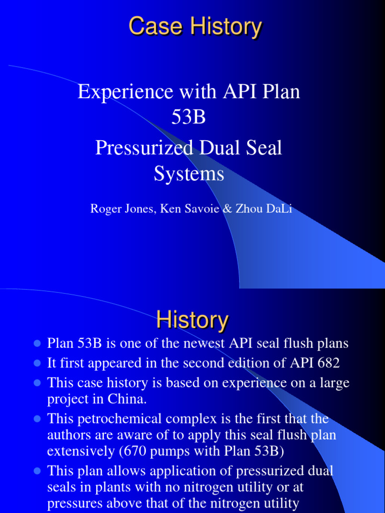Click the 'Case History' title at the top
195,27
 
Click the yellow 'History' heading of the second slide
192,320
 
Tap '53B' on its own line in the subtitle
188,119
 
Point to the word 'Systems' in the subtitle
188,174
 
